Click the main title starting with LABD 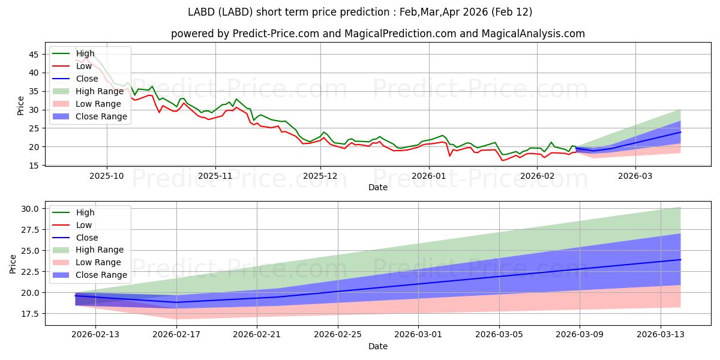(x=360, y=12)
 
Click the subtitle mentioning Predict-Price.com (x=378, y=34)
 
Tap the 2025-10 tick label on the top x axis (x=107, y=176)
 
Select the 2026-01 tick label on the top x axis (x=428, y=176)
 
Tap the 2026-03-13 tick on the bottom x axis (x=660, y=334)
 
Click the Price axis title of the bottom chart (x=13, y=263)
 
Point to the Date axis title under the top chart (x=378, y=187)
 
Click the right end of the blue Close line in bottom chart (x=680, y=260)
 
